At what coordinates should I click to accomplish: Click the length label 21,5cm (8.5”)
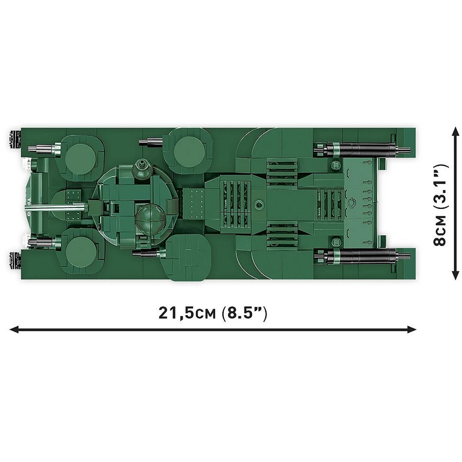click(213, 313)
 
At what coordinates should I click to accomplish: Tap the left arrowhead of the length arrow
click(14, 330)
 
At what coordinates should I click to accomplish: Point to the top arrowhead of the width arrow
click(456, 131)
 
